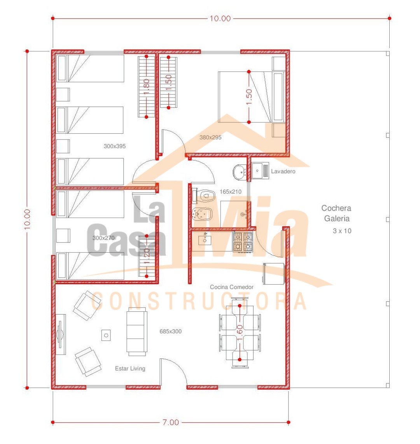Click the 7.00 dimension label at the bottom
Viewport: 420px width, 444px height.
[x=170, y=422]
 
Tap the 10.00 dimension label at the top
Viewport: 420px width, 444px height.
[x=220, y=18]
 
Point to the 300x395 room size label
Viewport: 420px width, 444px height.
[x=114, y=146]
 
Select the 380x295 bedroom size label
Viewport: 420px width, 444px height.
[x=210, y=137]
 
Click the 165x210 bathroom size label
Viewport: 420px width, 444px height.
[x=231, y=192]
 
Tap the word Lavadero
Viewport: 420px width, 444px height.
[x=283, y=171]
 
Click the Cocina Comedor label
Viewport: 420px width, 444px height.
[x=232, y=287]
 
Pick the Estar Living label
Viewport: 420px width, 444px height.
[x=130, y=369]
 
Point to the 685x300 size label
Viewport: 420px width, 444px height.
[x=170, y=331]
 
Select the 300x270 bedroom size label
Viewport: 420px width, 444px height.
[x=104, y=238]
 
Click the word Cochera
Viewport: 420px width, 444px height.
[x=336, y=208]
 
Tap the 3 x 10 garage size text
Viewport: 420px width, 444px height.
[x=342, y=231]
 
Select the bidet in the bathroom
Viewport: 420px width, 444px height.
[x=202, y=214]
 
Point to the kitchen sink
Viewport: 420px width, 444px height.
[x=205, y=239]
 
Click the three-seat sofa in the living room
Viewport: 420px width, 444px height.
[x=137, y=332]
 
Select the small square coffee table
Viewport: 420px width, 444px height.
[x=106, y=335]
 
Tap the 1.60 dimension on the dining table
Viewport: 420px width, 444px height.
[x=240, y=332]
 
